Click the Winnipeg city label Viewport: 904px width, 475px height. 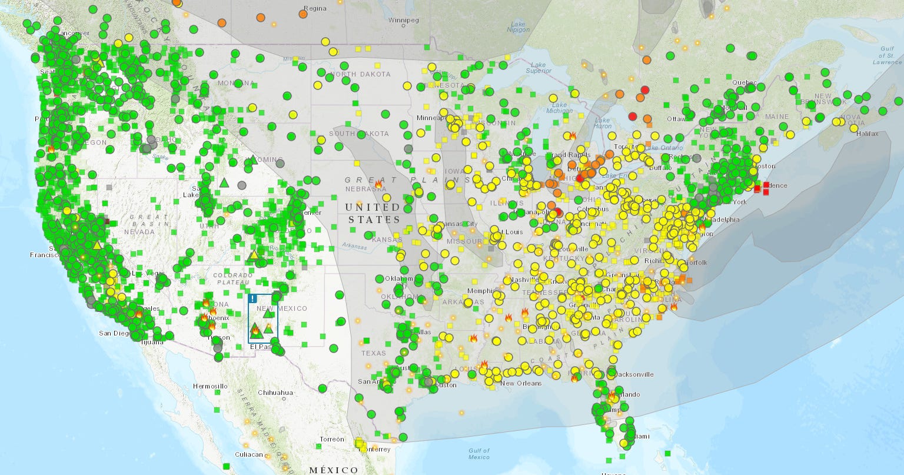point(404,21)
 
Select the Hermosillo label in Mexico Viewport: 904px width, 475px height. point(210,386)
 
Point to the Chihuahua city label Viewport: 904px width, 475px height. point(275,393)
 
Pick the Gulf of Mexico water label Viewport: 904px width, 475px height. point(478,454)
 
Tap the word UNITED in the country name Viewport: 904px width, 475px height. point(372,207)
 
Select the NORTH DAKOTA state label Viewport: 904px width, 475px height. point(360,74)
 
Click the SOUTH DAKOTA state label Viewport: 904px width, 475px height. point(360,134)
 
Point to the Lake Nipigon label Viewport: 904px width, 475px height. point(517,26)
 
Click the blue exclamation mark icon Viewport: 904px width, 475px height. point(252,298)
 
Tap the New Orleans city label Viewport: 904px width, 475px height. point(520,384)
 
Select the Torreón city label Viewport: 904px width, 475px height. point(333,439)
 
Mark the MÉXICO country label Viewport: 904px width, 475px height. point(333,470)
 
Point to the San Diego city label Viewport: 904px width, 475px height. point(114,333)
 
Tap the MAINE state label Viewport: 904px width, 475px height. point(777,117)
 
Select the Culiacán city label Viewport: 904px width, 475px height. point(248,454)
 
